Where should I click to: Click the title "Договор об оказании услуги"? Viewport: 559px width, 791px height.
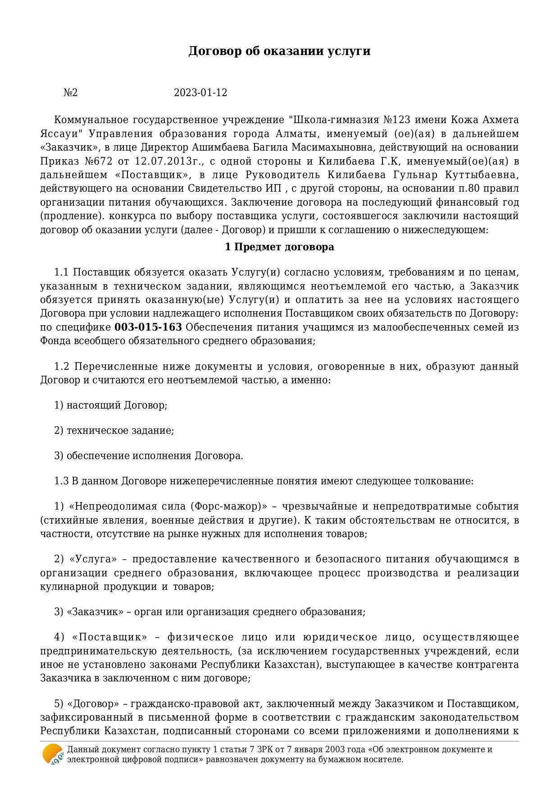click(x=279, y=51)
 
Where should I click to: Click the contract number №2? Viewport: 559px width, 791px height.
click(x=71, y=93)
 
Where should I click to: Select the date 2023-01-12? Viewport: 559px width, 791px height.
click(x=200, y=93)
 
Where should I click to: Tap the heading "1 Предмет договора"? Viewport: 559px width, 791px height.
click(x=279, y=247)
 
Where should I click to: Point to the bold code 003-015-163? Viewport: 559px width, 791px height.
click(x=148, y=327)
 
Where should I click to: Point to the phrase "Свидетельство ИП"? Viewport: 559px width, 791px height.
click(x=235, y=188)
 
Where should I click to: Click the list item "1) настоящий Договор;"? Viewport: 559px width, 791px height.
click(x=111, y=405)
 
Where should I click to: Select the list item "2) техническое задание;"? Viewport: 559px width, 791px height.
click(x=114, y=430)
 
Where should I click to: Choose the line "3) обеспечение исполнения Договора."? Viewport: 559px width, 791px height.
click(x=149, y=455)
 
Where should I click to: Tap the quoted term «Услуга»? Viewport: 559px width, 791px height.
click(x=93, y=559)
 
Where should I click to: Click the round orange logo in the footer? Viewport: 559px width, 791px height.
click(x=53, y=754)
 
